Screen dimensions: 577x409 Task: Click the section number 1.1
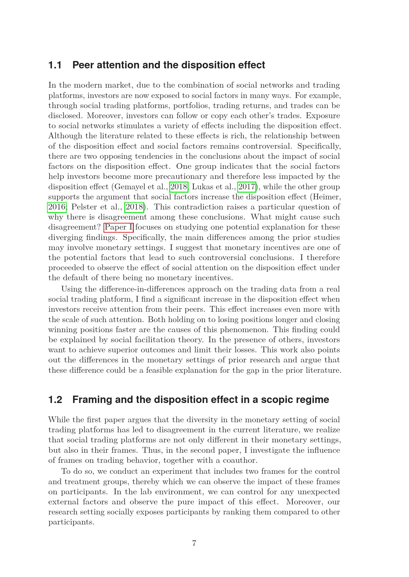pos(55,65)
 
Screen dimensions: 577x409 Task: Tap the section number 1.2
pos(55,400)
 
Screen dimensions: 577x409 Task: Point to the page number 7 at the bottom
pos(194,543)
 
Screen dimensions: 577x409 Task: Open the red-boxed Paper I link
pos(119,227)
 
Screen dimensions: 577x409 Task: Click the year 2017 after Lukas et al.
pos(246,187)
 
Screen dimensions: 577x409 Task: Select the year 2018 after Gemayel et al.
pos(179,187)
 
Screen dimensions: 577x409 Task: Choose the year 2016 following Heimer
pos(57,207)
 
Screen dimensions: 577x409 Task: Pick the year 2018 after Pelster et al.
pos(134,207)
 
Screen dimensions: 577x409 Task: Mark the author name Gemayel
pos(128,187)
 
